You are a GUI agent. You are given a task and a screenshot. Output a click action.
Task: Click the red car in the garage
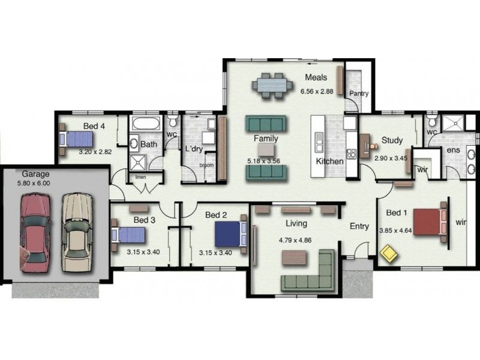(35, 233)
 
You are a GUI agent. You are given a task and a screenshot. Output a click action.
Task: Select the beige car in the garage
(77, 232)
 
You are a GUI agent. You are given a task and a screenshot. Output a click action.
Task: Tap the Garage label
(35, 174)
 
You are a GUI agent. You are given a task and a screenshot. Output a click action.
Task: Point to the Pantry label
(359, 94)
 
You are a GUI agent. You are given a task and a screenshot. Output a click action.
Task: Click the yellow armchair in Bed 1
(389, 253)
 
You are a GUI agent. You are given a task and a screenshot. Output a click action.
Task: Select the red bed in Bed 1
(430, 222)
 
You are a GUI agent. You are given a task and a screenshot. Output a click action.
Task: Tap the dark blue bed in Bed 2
(230, 234)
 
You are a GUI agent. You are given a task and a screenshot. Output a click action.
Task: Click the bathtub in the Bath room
(146, 124)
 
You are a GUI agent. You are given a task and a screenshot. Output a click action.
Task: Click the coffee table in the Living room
(294, 258)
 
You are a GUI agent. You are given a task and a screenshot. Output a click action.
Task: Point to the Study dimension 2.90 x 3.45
(391, 158)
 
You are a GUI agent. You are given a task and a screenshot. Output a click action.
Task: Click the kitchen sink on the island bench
(319, 142)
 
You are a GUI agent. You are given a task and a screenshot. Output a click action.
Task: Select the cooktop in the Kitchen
(352, 154)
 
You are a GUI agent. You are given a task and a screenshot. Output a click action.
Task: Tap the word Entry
(359, 227)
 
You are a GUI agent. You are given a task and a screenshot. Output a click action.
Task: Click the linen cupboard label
(141, 177)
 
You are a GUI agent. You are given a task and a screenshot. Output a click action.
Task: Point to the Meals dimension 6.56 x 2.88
(317, 91)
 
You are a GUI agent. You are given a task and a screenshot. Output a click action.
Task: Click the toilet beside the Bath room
(173, 119)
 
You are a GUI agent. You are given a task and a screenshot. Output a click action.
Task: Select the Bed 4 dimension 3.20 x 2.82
(95, 152)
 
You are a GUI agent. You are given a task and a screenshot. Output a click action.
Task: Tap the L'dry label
(194, 149)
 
